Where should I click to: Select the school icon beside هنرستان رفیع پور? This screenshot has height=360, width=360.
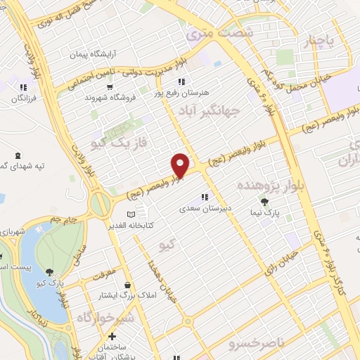[x=181, y=82]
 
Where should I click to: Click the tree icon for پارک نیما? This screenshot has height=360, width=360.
[x=264, y=202]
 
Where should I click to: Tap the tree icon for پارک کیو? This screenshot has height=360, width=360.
[x=49, y=272]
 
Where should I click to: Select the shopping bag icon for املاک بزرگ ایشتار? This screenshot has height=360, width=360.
[x=127, y=285]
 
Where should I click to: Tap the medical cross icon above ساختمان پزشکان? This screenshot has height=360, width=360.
[x=112, y=337]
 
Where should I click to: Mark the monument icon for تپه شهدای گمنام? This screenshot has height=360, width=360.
[x=18, y=154]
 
